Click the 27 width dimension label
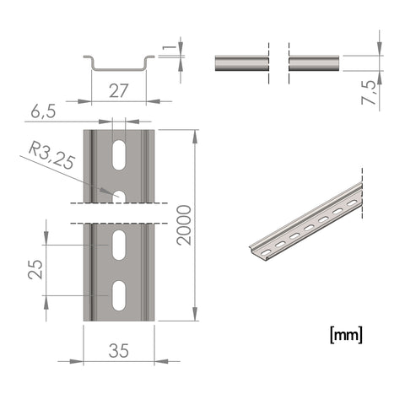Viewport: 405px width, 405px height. coord(118,90)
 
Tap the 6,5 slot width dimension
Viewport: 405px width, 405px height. coord(43,111)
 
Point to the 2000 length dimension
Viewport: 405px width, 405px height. coord(184,225)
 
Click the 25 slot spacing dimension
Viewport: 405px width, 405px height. coord(35,269)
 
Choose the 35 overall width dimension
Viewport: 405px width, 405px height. coord(119,350)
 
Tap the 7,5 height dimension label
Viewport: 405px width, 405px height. coord(369,93)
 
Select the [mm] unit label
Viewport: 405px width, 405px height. coord(346,335)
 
